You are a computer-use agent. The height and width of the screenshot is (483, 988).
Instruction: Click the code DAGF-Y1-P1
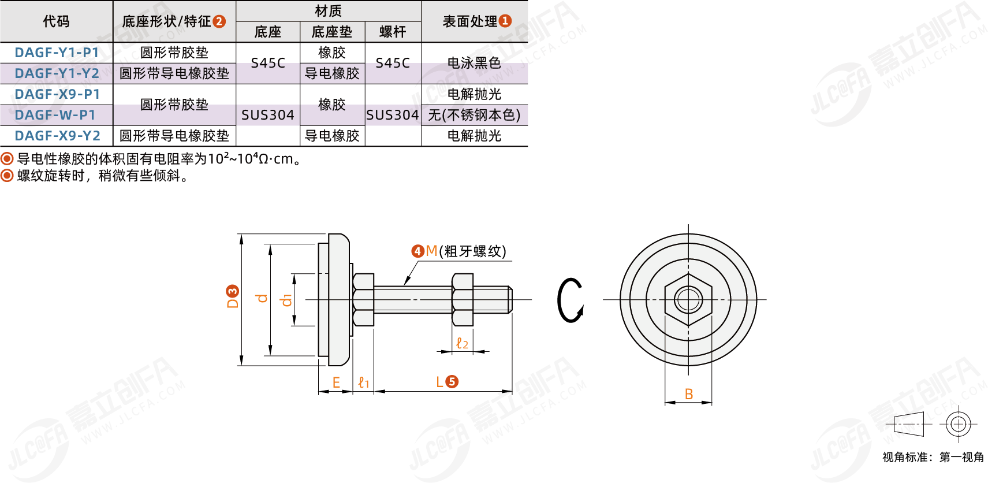(x=57, y=53)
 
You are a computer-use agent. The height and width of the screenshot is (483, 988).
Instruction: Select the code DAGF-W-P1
(x=55, y=115)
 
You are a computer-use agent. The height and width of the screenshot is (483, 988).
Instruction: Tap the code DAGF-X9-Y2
(x=57, y=136)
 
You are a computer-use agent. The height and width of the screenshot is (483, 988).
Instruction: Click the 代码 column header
(x=56, y=21)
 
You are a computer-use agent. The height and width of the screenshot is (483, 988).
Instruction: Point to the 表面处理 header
(x=470, y=21)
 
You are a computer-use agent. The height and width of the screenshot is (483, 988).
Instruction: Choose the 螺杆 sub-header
(x=393, y=32)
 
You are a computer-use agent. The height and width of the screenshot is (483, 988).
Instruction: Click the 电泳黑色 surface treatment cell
(x=474, y=63)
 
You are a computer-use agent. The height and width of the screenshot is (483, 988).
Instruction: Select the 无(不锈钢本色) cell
(x=474, y=115)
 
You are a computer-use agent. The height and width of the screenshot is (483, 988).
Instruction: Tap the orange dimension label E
(x=336, y=382)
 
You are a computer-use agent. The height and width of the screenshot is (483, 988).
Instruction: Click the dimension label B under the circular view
(x=688, y=394)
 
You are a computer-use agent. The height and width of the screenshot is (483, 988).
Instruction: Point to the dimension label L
(x=439, y=382)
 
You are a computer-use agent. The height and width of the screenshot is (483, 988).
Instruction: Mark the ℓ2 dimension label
(x=462, y=343)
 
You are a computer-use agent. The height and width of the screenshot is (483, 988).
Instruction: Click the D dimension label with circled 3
(x=233, y=297)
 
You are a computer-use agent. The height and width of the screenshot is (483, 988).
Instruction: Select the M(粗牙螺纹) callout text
(x=466, y=251)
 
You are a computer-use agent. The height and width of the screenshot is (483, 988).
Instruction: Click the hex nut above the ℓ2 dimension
(x=463, y=300)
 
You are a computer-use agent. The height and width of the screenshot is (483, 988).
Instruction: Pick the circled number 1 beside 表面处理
(x=505, y=21)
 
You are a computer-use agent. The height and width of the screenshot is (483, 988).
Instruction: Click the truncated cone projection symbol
(x=909, y=424)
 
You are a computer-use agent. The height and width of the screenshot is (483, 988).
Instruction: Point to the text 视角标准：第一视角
(x=933, y=457)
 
